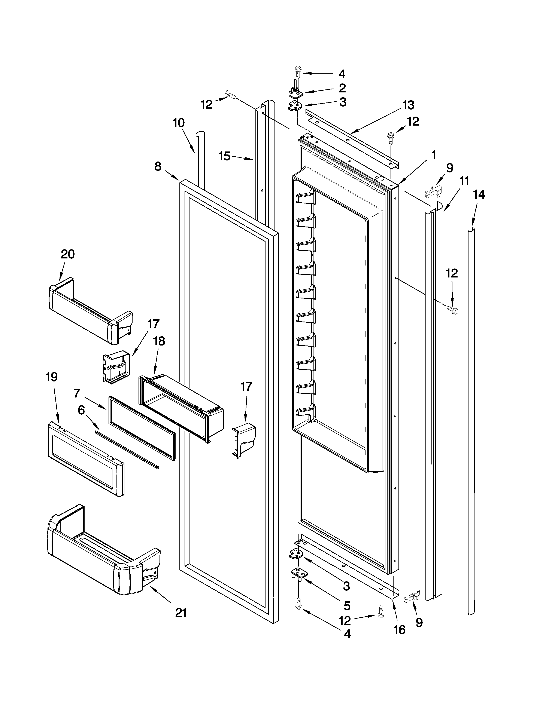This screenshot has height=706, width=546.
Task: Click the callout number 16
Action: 400,629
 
